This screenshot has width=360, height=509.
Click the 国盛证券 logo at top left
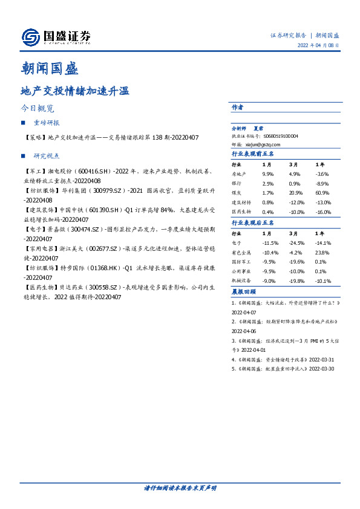pos(56,37)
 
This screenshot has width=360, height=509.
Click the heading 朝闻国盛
pos(49,69)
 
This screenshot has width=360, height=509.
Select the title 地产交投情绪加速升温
pos(75,92)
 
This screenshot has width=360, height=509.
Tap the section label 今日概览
pos(38,109)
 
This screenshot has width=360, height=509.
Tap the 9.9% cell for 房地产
pos(269,173)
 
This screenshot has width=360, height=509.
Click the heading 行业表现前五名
pos(253,154)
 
